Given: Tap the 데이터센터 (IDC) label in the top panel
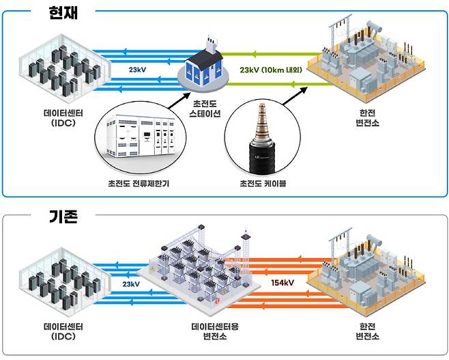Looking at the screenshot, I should (x=66, y=117).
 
